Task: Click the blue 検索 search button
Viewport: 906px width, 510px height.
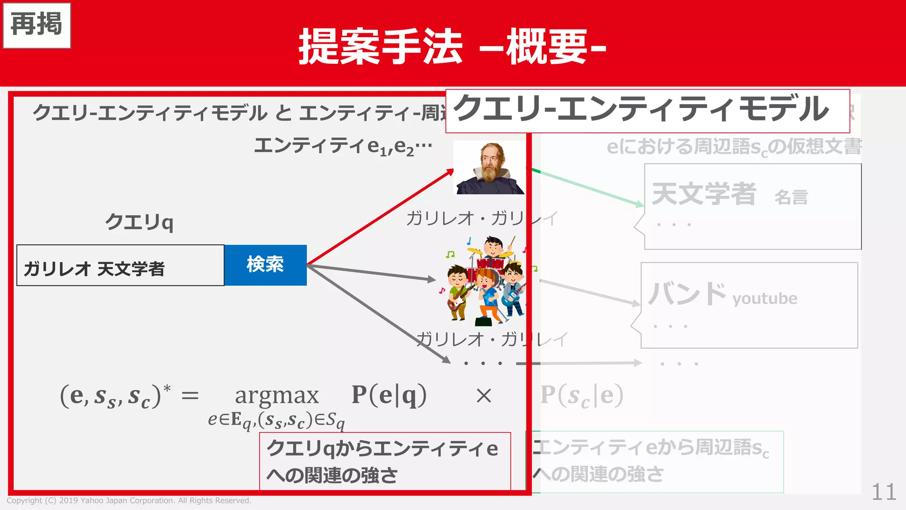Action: (x=265, y=265)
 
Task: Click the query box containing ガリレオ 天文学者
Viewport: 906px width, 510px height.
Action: (x=120, y=266)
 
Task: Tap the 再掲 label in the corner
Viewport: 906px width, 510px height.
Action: (x=37, y=25)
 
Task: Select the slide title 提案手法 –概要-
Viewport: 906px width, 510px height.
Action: (x=452, y=46)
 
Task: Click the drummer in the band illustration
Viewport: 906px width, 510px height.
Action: (x=494, y=248)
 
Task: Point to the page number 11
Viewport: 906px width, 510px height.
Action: (x=884, y=492)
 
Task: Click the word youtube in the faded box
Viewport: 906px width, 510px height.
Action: (x=764, y=299)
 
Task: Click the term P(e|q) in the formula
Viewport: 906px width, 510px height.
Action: (x=389, y=395)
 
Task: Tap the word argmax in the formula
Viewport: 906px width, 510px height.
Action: (x=276, y=395)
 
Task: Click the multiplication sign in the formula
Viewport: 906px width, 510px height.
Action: (x=484, y=395)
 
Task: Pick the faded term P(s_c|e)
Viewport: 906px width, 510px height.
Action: (x=581, y=395)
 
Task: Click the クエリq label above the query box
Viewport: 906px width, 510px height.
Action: (x=139, y=221)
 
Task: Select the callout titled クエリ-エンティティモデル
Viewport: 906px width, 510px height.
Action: (x=647, y=111)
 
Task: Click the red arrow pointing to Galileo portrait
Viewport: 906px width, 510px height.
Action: (x=380, y=217)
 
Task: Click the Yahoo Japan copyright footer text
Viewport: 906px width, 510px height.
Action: (x=129, y=501)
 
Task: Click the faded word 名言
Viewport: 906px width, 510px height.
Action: (x=791, y=197)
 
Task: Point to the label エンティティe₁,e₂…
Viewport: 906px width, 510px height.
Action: (x=343, y=146)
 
